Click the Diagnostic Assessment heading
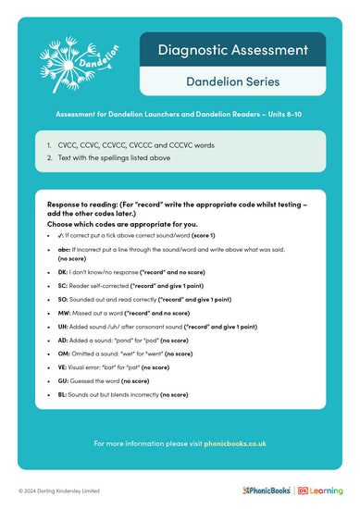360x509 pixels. click(x=231, y=50)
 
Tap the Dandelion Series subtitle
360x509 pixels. click(x=231, y=81)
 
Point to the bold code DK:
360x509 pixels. click(x=63, y=274)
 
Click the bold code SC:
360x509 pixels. click(x=63, y=287)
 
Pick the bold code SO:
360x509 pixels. click(x=63, y=300)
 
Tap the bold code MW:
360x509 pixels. click(x=64, y=314)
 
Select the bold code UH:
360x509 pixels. click(x=63, y=327)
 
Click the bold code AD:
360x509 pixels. click(x=63, y=340)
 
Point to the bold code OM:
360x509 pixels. click(x=64, y=354)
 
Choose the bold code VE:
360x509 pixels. click(x=63, y=366)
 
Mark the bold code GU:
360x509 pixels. click(x=63, y=380)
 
